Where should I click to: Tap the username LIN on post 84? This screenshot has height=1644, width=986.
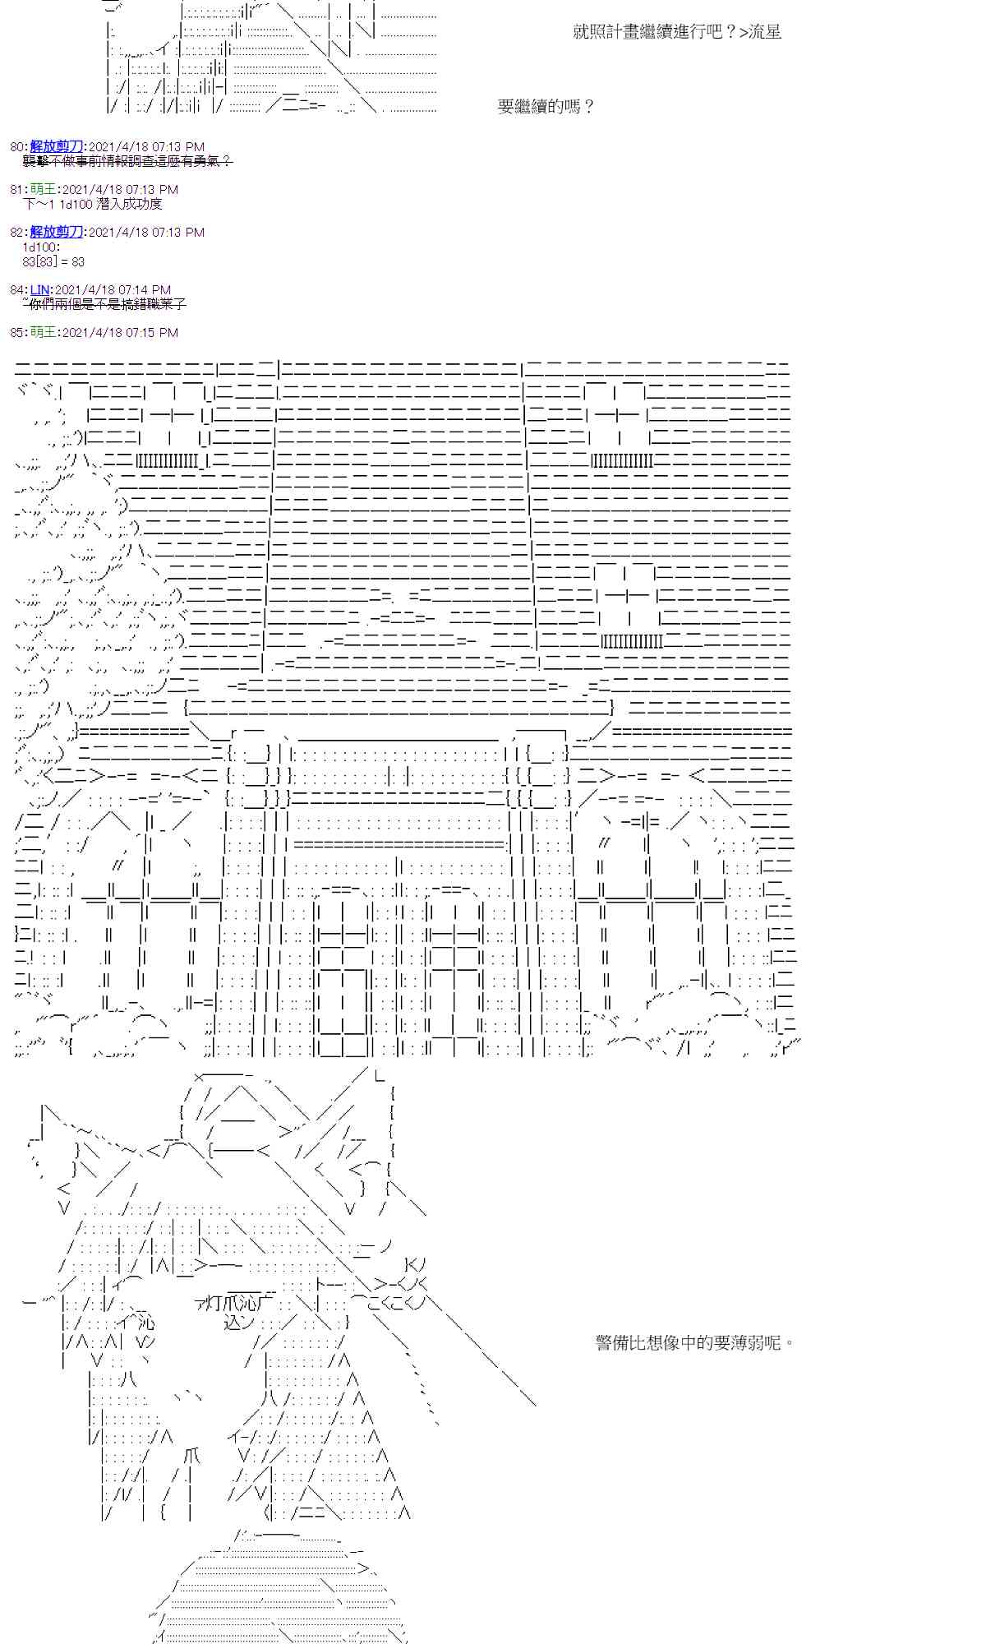point(39,290)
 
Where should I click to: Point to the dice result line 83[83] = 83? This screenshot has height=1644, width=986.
point(53,262)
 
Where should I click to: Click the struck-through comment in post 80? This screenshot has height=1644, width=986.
point(127,162)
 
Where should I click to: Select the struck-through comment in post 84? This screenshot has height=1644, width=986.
point(107,305)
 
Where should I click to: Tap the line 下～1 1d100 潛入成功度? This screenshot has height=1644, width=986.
point(92,204)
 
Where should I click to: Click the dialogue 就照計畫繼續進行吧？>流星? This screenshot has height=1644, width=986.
point(676,32)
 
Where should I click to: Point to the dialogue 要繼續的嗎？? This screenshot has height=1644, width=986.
point(546,107)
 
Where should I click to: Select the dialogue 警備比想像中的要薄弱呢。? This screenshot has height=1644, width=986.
point(695,1343)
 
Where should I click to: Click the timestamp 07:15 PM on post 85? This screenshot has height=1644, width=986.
point(149,333)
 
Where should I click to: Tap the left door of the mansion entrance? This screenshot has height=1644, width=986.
point(343,978)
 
